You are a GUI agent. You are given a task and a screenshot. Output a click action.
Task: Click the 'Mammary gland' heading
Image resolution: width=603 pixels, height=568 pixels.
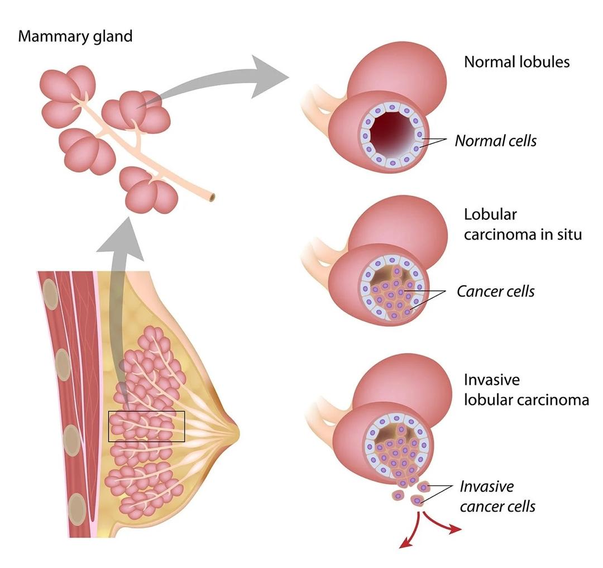(x=75, y=37)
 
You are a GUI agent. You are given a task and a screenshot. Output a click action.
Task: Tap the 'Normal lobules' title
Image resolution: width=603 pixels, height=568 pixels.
(x=516, y=62)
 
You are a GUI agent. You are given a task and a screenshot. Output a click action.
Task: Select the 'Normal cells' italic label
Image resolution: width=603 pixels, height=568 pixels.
(x=495, y=141)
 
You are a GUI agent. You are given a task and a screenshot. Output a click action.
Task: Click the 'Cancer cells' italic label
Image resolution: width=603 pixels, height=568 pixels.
(x=495, y=292)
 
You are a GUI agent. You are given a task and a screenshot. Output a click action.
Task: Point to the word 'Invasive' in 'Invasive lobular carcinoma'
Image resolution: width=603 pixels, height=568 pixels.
(x=491, y=380)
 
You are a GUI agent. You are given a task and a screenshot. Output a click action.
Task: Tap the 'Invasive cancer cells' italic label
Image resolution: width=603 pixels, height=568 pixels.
(x=497, y=497)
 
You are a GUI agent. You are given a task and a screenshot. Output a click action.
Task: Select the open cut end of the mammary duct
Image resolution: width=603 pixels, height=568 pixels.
(x=211, y=197)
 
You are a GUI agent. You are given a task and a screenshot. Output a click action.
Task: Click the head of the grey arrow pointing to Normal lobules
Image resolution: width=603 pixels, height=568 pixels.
(x=269, y=77)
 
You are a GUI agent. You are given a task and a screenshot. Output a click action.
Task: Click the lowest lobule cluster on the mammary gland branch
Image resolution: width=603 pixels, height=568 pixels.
(x=149, y=191)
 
